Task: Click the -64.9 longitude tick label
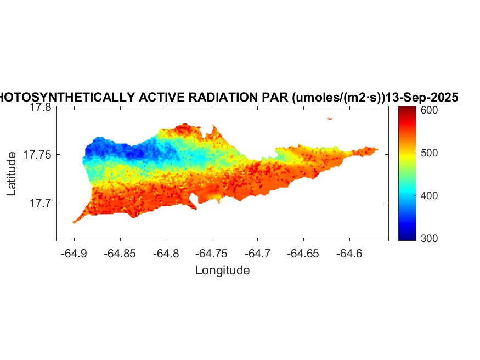coord(75,254)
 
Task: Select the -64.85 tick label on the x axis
coord(120,254)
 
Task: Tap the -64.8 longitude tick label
coord(166,254)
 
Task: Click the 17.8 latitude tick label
coord(40,108)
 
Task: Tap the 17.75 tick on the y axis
coord(37,155)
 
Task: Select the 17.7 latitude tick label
coord(40,203)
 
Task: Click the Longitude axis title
coord(222,270)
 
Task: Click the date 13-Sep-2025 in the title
coord(422,97)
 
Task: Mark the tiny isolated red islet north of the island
coord(330,118)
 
